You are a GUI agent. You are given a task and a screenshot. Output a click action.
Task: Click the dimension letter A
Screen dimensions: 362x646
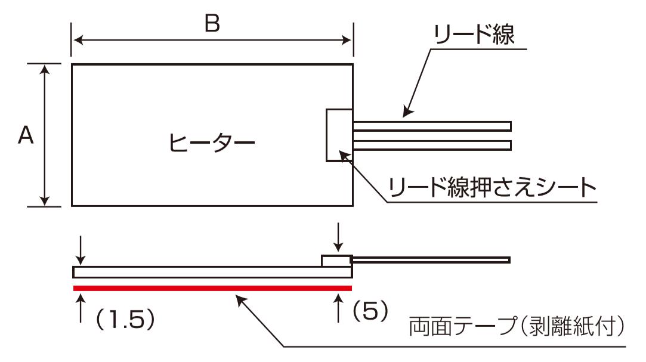tap(25, 136)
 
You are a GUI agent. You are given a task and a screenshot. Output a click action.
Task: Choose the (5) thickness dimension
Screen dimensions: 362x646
tap(369, 310)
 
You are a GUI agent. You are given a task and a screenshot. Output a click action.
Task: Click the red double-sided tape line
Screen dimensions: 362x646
tap(212, 288)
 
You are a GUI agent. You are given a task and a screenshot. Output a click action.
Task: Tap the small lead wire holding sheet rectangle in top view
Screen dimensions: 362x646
tap(339, 135)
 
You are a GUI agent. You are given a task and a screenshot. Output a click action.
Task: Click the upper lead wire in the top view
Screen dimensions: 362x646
tap(432, 126)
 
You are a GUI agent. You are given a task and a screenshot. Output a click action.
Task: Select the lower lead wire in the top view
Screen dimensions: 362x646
tap(432, 145)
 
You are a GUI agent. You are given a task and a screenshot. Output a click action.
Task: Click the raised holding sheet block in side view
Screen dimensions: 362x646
tap(336, 261)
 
